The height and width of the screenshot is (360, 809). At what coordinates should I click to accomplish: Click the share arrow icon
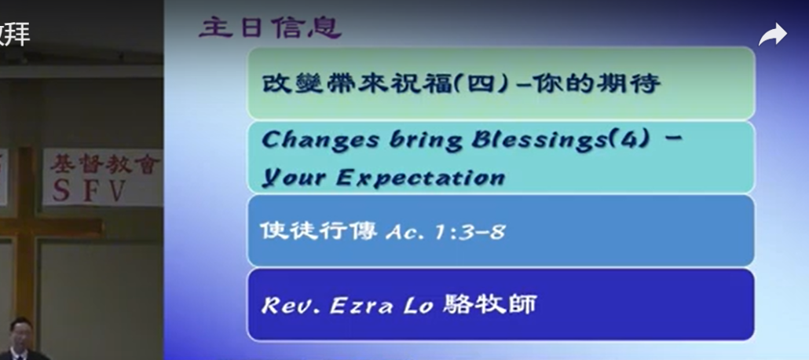(x=772, y=35)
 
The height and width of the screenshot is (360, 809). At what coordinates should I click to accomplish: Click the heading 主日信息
(x=270, y=28)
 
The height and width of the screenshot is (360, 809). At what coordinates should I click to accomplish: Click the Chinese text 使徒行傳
(x=318, y=230)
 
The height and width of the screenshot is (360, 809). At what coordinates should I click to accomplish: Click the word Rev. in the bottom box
(x=291, y=306)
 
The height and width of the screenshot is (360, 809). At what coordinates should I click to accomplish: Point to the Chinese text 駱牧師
(x=489, y=303)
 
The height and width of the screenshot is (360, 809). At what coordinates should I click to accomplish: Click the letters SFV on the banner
(x=90, y=191)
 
